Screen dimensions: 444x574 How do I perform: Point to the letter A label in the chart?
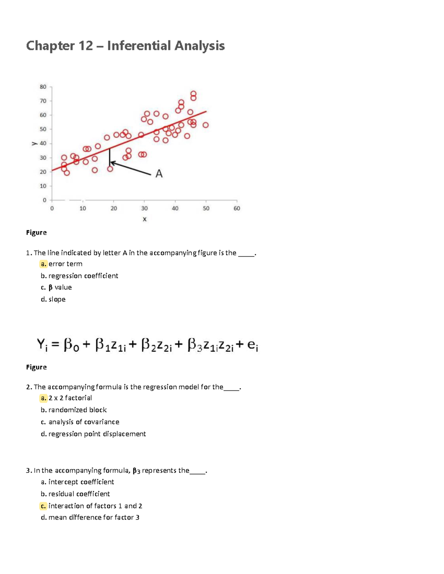(x=159, y=173)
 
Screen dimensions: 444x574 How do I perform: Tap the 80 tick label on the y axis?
(x=43, y=87)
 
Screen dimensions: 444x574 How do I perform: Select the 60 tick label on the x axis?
(x=237, y=208)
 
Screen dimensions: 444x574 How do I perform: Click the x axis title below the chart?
(x=144, y=219)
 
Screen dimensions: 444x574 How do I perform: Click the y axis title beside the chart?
(x=34, y=143)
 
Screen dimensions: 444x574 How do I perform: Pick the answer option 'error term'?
(x=65, y=264)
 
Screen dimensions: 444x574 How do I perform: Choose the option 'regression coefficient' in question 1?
(x=83, y=276)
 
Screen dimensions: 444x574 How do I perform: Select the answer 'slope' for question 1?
(x=57, y=299)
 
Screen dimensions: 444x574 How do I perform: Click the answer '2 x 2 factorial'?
(x=70, y=398)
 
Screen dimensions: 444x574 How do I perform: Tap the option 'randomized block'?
(x=77, y=410)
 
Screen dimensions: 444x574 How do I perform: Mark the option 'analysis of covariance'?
(x=84, y=422)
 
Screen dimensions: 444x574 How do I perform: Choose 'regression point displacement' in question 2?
(x=97, y=434)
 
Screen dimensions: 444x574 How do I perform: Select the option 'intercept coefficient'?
(x=81, y=482)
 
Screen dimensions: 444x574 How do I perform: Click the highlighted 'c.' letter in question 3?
(x=44, y=506)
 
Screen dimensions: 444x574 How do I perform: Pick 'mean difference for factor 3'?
(x=94, y=517)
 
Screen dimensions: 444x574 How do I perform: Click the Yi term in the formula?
(x=42, y=345)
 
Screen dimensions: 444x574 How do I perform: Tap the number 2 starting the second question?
(x=28, y=387)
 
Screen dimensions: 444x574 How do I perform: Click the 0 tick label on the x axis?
(x=52, y=208)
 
